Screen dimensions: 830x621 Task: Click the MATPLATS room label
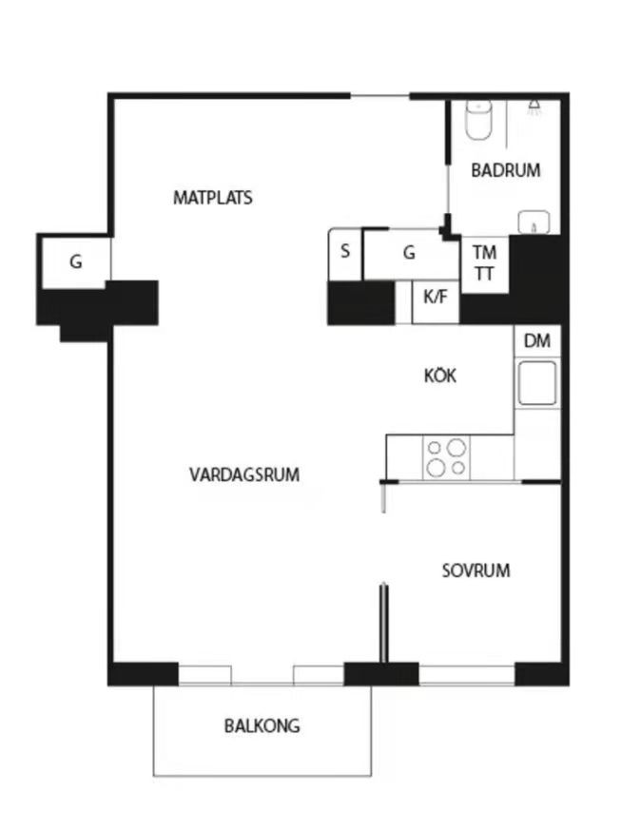[x=212, y=198]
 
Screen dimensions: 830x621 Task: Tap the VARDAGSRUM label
[x=244, y=474]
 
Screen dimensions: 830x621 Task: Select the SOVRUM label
[x=475, y=570]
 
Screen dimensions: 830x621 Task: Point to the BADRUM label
[x=506, y=171]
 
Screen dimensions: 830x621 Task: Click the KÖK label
[x=440, y=376]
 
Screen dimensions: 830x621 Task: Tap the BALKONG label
[x=262, y=726]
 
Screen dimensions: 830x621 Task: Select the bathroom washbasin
[x=535, y=222]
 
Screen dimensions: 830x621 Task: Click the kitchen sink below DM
[x=536, y=383]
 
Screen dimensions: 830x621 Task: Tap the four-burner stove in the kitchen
[x=446, y=456]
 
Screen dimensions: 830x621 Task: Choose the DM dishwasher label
[x=536, y=341]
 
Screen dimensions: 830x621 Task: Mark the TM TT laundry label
[x=485, y=261]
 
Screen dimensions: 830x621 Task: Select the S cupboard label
[x=345, y=253]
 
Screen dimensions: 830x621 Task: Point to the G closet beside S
[x=410, y=253]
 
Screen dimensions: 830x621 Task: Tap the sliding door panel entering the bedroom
[x=384, y=623]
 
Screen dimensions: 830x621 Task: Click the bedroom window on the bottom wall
[x=467, y=675]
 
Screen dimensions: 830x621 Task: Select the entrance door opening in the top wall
[x=379, y=95]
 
